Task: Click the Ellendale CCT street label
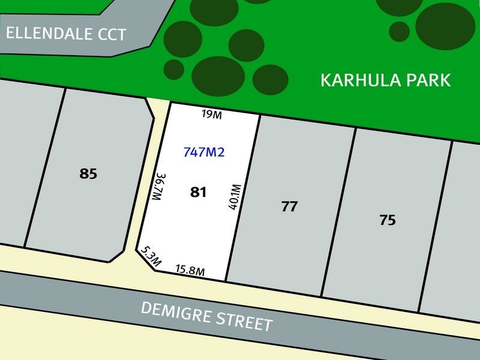[x=66, y=33]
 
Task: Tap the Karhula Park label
[x=385, y=80]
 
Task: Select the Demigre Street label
[x=206, y=316]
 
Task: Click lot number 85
[x=88, y=174]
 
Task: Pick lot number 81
[x=198, y=192]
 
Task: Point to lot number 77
[x=289, y=207]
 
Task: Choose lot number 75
[x=388, y=220]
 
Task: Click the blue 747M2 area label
[x=204, y=152]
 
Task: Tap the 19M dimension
[x=212, y=115]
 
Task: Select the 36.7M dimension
[x=158, y=187]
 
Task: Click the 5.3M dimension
[x=151, y=256]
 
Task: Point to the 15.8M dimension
[x=190, y=271]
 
